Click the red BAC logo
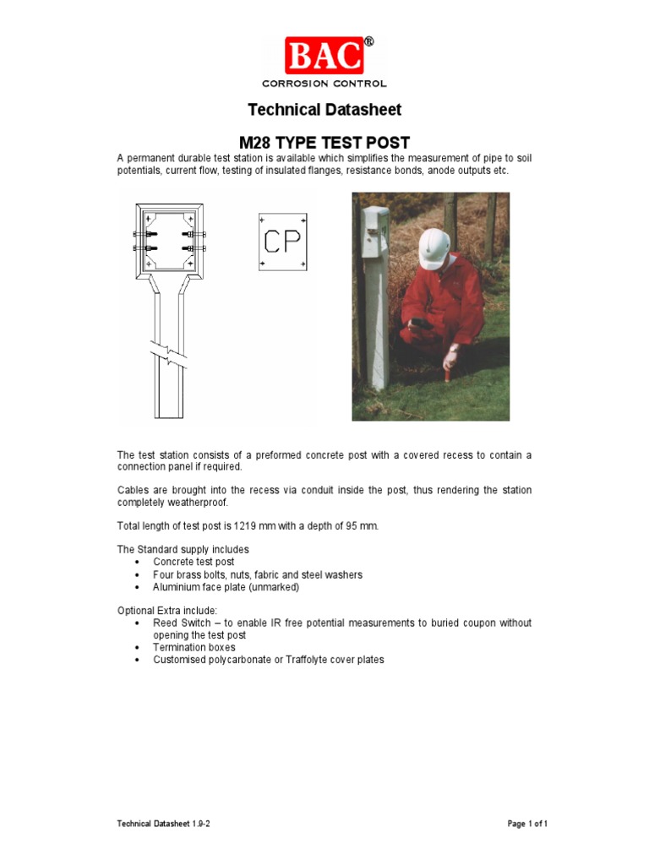324,56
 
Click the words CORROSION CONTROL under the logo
324,84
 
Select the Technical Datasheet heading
324,110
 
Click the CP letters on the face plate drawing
281,242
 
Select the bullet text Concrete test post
194,562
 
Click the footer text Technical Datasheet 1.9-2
163,824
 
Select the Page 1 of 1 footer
527,824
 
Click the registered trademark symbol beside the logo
368,41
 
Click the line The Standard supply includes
183,549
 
